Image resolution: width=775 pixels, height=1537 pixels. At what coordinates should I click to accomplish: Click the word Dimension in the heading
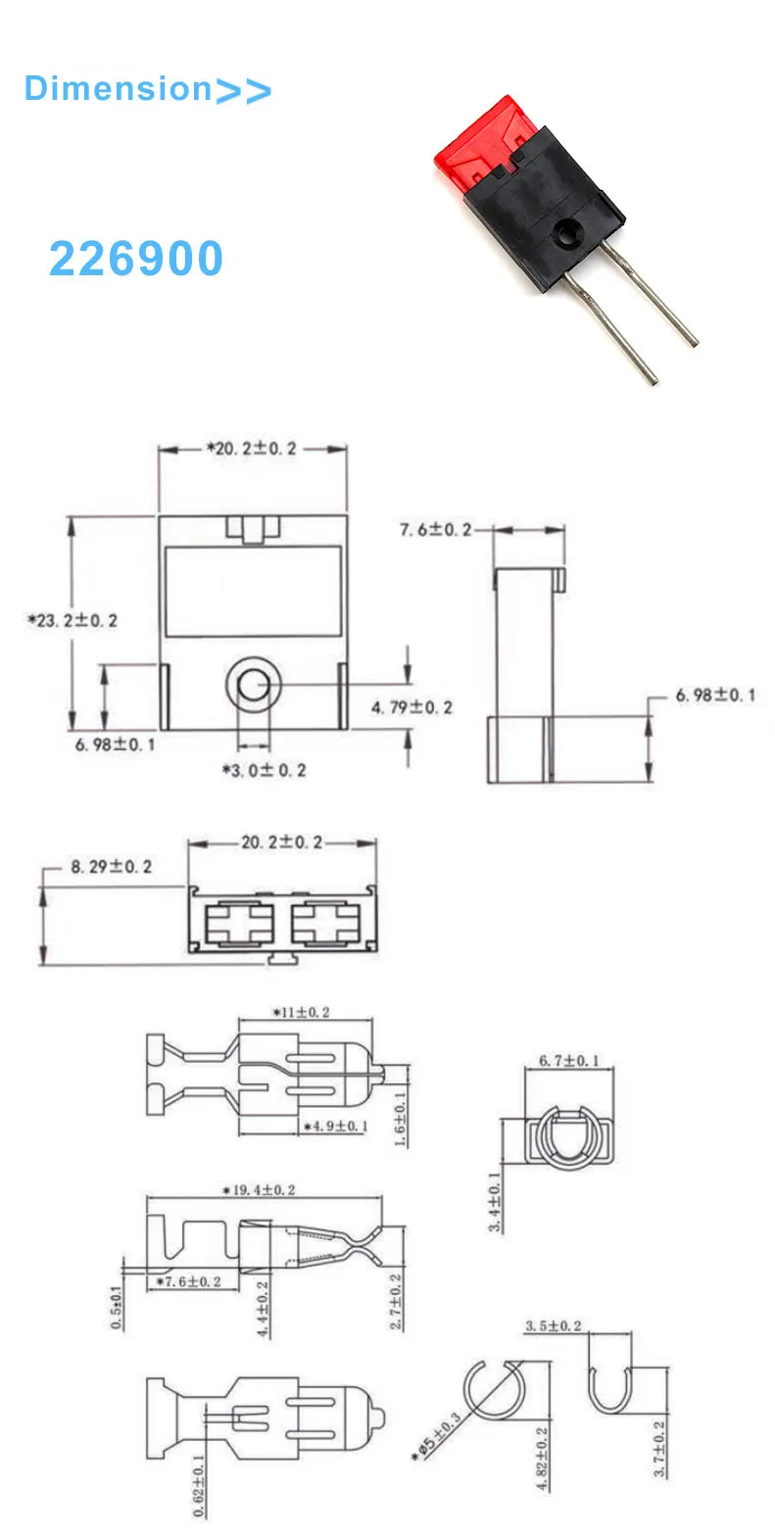pos(118,88)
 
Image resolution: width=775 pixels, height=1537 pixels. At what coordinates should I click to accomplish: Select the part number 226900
pos(136,260)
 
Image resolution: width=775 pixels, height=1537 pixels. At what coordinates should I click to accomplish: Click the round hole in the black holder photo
pos(566,233)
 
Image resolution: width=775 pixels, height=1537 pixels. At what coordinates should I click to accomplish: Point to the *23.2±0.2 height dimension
pos(73,620)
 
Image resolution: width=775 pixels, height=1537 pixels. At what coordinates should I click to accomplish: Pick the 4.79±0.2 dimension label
pos(412,707)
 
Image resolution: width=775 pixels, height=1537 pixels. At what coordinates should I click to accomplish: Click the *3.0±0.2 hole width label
pos(264,771)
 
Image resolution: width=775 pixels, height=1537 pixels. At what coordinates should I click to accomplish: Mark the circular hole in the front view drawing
pos(254,684)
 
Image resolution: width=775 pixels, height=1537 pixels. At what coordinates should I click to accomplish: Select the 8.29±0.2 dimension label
pos(111,867)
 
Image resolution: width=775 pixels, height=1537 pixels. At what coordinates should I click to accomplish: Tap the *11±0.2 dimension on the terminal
pos(301,1012)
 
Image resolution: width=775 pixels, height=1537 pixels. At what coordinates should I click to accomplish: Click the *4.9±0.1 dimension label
pos(335,1127)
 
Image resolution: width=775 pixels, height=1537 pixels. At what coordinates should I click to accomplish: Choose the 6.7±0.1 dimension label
pos(568,1061)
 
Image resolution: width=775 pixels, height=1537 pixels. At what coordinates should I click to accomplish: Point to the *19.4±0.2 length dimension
pos(259,1190)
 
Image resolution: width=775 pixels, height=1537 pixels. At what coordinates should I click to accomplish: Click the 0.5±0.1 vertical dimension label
pos(117,1307)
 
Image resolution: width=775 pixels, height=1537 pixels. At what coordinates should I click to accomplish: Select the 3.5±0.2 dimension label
pos(553,1326)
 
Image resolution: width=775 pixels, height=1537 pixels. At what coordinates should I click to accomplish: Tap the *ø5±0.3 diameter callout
pos(437,1437)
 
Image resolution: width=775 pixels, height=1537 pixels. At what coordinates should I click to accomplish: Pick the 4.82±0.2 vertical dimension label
pos(542,1459)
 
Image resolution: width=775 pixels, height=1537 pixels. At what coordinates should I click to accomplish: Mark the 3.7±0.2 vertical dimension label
pos(659,1449)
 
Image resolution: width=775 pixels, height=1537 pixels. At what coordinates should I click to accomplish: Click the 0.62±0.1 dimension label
pos(199,1485)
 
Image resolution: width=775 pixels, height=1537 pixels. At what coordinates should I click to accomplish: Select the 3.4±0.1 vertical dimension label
pos(495,1202)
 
